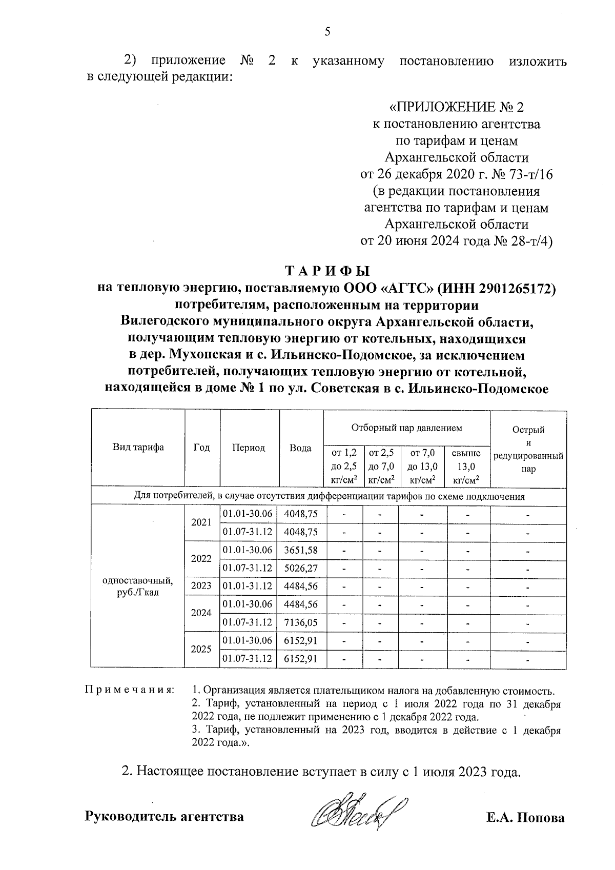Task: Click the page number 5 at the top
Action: [327, 32]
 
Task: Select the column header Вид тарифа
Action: [138, 447]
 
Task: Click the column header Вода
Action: [301, 448]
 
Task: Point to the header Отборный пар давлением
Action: [407, 427]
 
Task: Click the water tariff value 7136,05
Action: [301, 622]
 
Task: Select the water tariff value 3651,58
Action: [301, 550]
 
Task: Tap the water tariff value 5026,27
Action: [301, 568]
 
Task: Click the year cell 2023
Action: [201, 586]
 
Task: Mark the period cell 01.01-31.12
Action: [248, 586]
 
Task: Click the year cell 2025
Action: [201, 649]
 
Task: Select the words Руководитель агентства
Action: [164, 816]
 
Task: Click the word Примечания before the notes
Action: [129, 690]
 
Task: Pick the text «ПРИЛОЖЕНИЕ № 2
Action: [457, 107]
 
